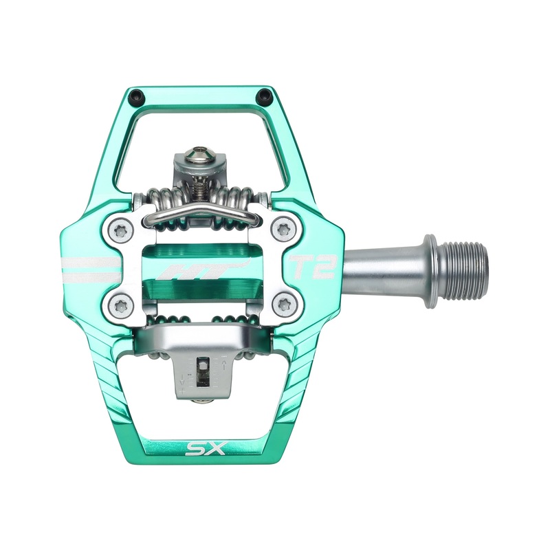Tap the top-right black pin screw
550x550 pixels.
pyautogui.click(x=261, y=94)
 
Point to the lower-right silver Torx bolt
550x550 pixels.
pyautogui.click(x=280, y=302)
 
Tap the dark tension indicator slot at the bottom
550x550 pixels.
pyautogui.click(x=202, y=371)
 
